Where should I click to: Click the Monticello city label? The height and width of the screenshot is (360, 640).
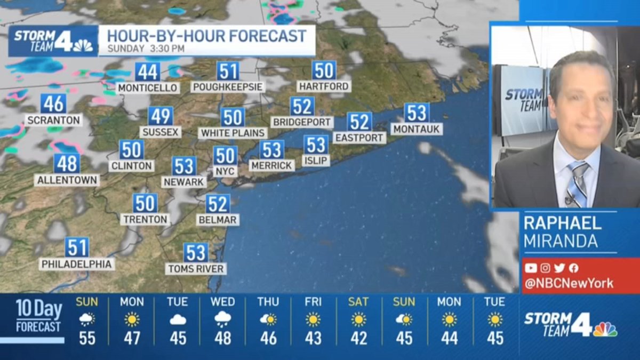coord(148,87)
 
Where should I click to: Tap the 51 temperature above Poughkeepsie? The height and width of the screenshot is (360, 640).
coord(228,71)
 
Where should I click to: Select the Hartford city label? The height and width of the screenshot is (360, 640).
coord(324,86)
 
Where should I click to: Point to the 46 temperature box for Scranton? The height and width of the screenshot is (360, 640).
coord(53,103)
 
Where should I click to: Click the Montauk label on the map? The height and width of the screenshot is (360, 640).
coord(416,129)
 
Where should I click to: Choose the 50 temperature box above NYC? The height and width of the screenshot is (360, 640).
coord(225,156)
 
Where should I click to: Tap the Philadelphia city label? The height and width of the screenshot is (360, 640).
coord(77,264)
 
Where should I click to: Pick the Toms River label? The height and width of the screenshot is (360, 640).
coord(196,269)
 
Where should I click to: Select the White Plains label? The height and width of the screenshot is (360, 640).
coord(233,133)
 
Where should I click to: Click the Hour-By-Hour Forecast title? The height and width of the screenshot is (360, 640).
coord(207,36)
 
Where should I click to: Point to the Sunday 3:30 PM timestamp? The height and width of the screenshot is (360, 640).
coord(146,49)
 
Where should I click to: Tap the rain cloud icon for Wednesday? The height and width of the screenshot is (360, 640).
coord(222,319)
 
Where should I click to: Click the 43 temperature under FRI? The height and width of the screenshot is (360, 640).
coord(313,338)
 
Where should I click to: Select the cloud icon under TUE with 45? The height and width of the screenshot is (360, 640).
coord(177,319)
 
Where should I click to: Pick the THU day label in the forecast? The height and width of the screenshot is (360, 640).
coord(268,302)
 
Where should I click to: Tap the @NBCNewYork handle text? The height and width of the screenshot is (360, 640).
coord(569,283)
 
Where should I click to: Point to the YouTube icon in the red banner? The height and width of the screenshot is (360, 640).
coord(531,268)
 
